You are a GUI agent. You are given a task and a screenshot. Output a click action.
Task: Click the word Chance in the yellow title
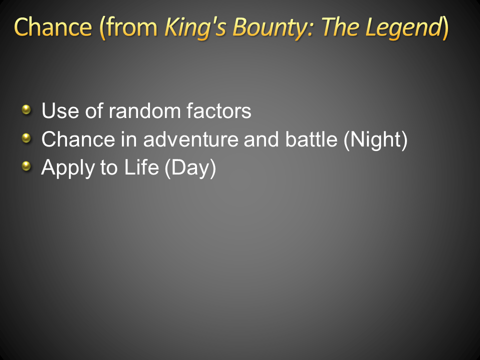click(x=53, y=27)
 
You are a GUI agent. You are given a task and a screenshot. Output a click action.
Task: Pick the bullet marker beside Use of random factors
click(x=26, y=109)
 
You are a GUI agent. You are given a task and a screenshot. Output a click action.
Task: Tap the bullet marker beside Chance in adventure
click(x=26, y=138)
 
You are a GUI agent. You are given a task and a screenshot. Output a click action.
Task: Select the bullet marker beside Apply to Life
click(x=26, y=166)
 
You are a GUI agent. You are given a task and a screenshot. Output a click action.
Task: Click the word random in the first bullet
click(x=145, y=110)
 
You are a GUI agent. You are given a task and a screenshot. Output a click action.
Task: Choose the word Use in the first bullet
click(x=60, y=110)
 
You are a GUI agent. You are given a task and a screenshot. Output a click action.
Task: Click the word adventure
click(x=190, y=139)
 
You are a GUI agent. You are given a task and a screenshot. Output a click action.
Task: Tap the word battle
click(x=311, y=139)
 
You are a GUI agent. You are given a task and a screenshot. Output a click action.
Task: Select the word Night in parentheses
click(x=375, y=140)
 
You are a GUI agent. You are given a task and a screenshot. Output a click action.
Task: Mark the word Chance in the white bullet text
click(x=78, y=139)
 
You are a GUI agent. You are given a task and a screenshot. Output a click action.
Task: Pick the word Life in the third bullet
click(x=141, y=167)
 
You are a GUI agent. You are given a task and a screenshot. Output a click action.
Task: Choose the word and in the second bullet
click(x=261, y=139)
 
